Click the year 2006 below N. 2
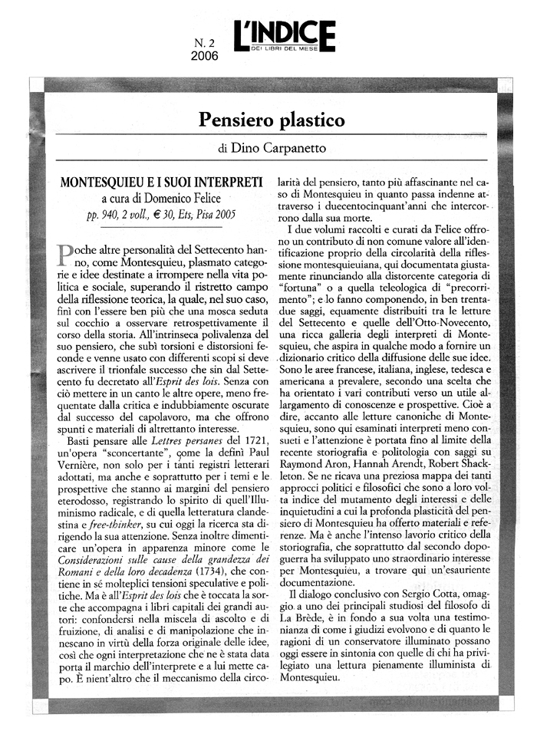tap(205, 56)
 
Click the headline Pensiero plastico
tap(272, 120)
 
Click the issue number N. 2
tap(204, 43)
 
